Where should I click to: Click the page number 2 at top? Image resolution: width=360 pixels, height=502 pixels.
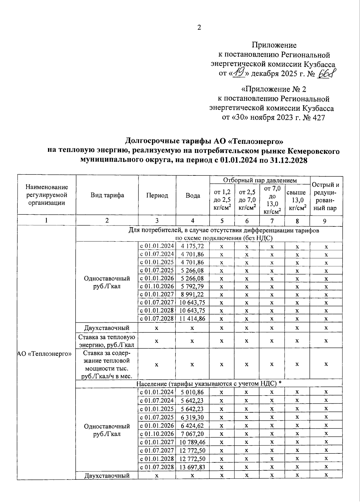(199, 28)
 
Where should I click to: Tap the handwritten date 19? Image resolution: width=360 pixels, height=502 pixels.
(239, 73)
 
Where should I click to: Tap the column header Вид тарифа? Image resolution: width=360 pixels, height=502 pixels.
(107, 195)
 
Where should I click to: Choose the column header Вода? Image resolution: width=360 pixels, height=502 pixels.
(193, 196)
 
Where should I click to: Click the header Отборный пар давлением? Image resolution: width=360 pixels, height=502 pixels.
(260, 180)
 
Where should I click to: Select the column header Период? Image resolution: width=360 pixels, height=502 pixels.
(157, 196)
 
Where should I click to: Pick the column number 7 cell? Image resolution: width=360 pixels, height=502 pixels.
(272, 221)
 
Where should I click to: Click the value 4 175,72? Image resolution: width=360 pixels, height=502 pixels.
(193, 246)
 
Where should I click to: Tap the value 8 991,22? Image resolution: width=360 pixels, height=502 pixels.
(193, 294)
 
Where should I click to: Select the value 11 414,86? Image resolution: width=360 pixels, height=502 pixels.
(192, 318)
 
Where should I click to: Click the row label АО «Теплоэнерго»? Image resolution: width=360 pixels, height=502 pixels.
(45, 354)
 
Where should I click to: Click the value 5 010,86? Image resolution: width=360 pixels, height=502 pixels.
(193, 392)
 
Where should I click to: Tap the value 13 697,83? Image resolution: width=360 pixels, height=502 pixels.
(192, 467)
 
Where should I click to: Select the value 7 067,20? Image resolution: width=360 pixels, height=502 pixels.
(193, 434)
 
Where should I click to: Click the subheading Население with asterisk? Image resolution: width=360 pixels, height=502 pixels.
(209, 384)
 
